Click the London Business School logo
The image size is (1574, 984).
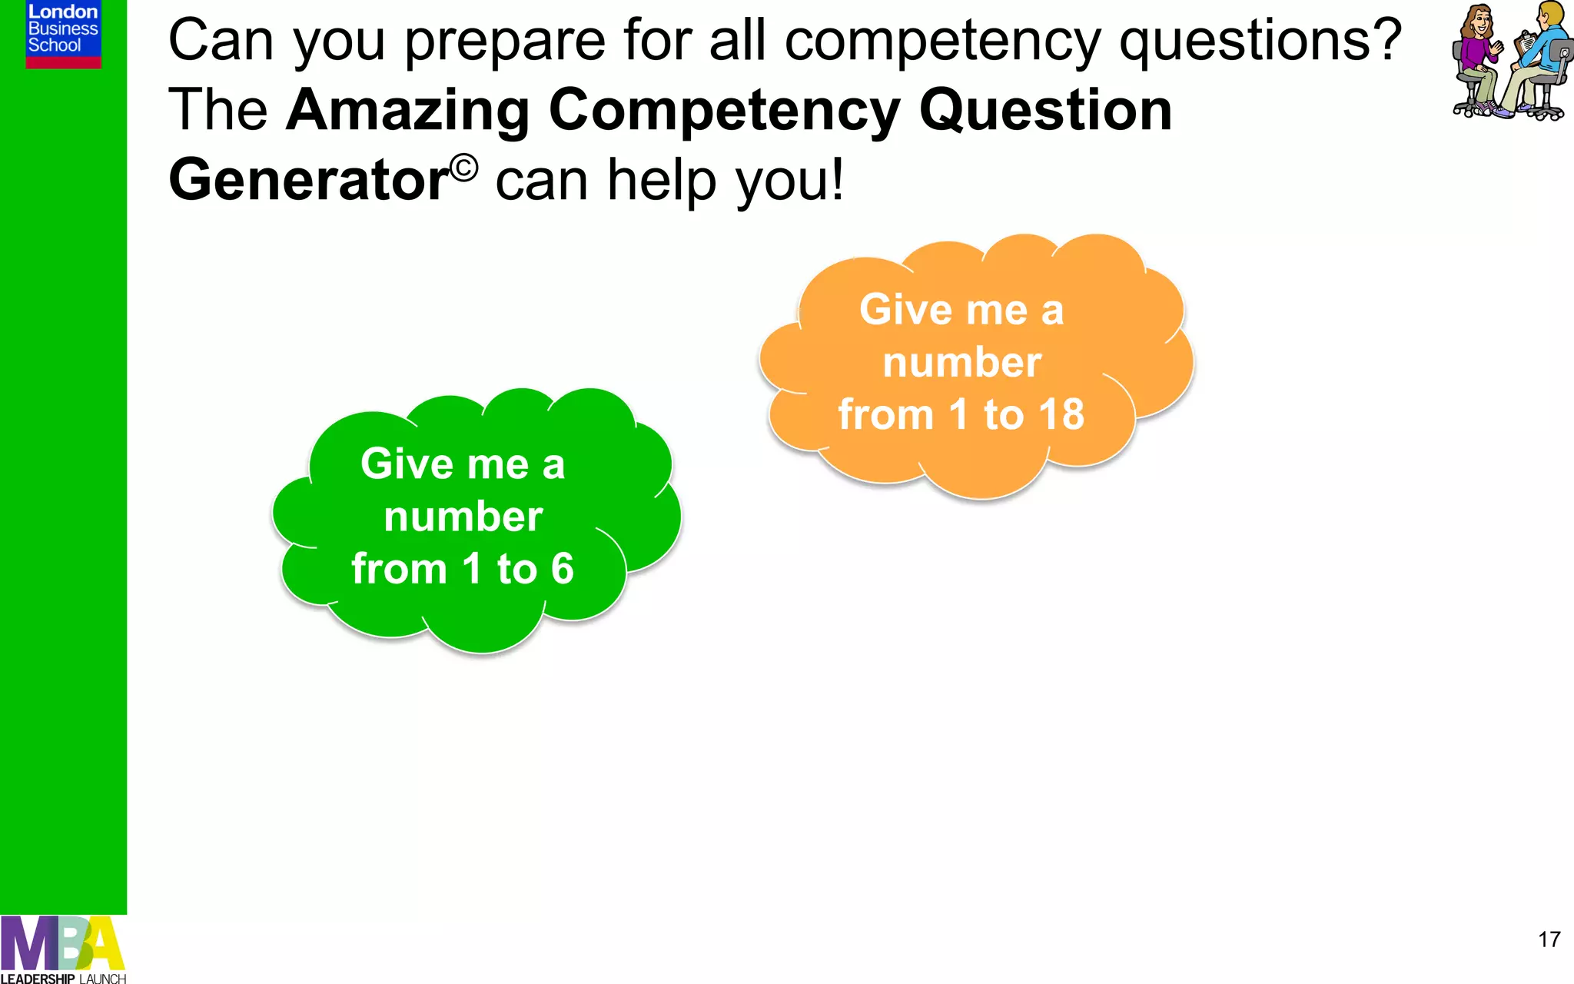pos(63,34)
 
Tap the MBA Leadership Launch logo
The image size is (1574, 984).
pos(63,949)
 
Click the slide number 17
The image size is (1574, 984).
pos(1549,939)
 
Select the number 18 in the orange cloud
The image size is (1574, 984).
pos(1061,414)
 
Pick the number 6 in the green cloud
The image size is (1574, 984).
pos(562,569)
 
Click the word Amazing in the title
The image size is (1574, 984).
pos(407,110)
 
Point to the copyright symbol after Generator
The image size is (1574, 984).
pos(464,167)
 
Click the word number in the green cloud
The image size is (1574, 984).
pos(463,517)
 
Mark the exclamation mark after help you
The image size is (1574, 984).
pos(836,180)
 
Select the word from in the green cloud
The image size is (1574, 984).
pos(399,569)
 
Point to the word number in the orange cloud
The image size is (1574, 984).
pos(961,362)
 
